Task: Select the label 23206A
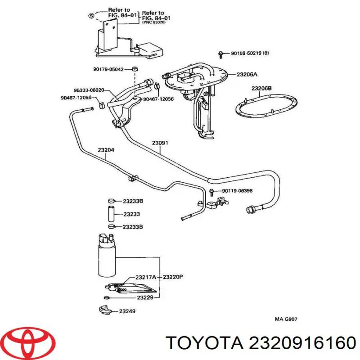pos(247,75)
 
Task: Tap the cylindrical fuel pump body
pos(107,255)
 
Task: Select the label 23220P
pos(173,277)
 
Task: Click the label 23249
pos(126,311)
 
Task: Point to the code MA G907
pos(286,320)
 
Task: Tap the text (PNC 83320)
pos(154,22)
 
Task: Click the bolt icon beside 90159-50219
pos(220,54)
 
